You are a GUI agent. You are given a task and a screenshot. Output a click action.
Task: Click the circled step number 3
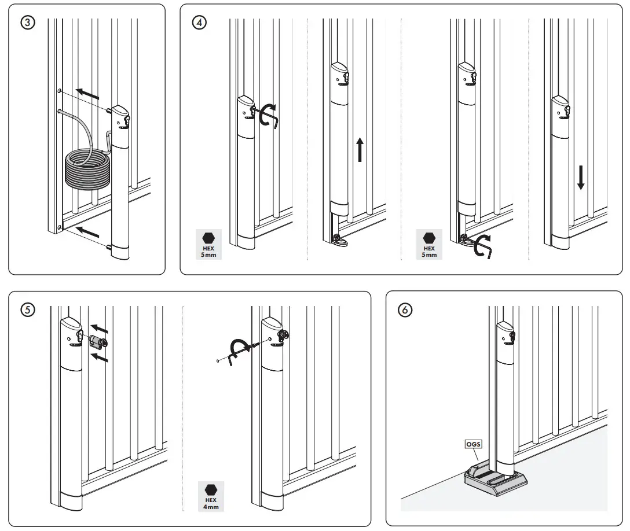coord(27,23)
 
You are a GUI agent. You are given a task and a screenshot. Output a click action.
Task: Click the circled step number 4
coord(199,23)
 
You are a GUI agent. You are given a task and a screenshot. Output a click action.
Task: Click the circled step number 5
coord(27,309)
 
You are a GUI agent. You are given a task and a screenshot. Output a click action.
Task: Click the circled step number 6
coord(405,309)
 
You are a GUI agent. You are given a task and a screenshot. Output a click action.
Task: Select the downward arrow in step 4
coord(581,178)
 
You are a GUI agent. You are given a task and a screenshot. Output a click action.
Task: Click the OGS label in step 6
coord(473,444)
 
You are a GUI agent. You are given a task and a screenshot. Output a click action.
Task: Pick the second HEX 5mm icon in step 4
coord(428,244)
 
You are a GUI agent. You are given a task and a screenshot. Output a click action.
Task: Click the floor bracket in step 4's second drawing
coord(339,241)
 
